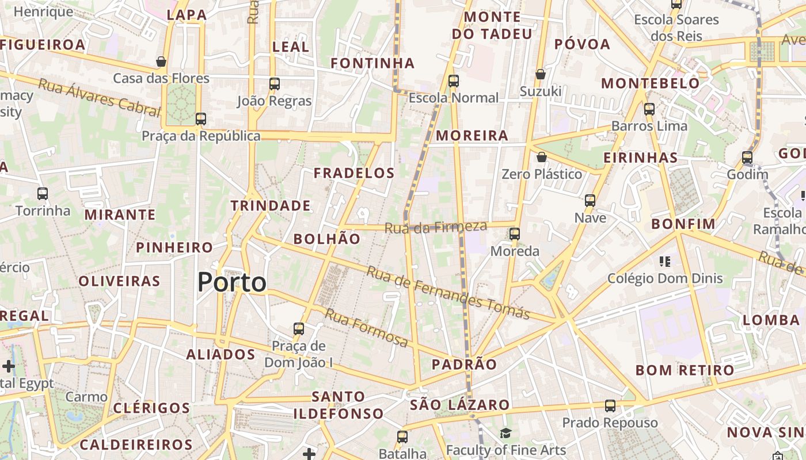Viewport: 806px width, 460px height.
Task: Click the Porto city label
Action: (232, 282)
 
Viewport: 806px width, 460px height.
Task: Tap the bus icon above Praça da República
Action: (200, 119)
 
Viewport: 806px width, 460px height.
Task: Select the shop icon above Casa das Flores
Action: (161, 62)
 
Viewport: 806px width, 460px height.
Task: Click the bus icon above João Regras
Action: (275, 84)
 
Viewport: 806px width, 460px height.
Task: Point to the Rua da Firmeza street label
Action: (436, 227)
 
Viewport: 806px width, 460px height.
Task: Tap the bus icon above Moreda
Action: (515, 234)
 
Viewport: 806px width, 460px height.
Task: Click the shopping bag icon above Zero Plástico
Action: (541, 157)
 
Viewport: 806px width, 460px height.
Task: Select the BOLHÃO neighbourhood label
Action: (327, 239)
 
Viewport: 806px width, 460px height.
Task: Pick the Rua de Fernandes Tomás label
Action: (448, 293)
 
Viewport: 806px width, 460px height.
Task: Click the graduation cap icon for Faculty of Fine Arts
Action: (505, 433)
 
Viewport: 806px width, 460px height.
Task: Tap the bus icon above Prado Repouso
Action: (610, 406)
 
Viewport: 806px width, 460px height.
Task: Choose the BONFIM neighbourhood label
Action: (683, 224)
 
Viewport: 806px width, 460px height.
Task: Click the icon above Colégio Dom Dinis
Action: (665, 262)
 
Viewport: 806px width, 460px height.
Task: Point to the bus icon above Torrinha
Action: (43, 194)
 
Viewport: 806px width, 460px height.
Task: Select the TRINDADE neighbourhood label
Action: (271, 206)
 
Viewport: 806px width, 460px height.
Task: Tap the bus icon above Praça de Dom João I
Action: (298, 329)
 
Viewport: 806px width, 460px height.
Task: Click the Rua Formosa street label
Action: (366, 328)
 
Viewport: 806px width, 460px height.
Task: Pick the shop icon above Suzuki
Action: (541, 74)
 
